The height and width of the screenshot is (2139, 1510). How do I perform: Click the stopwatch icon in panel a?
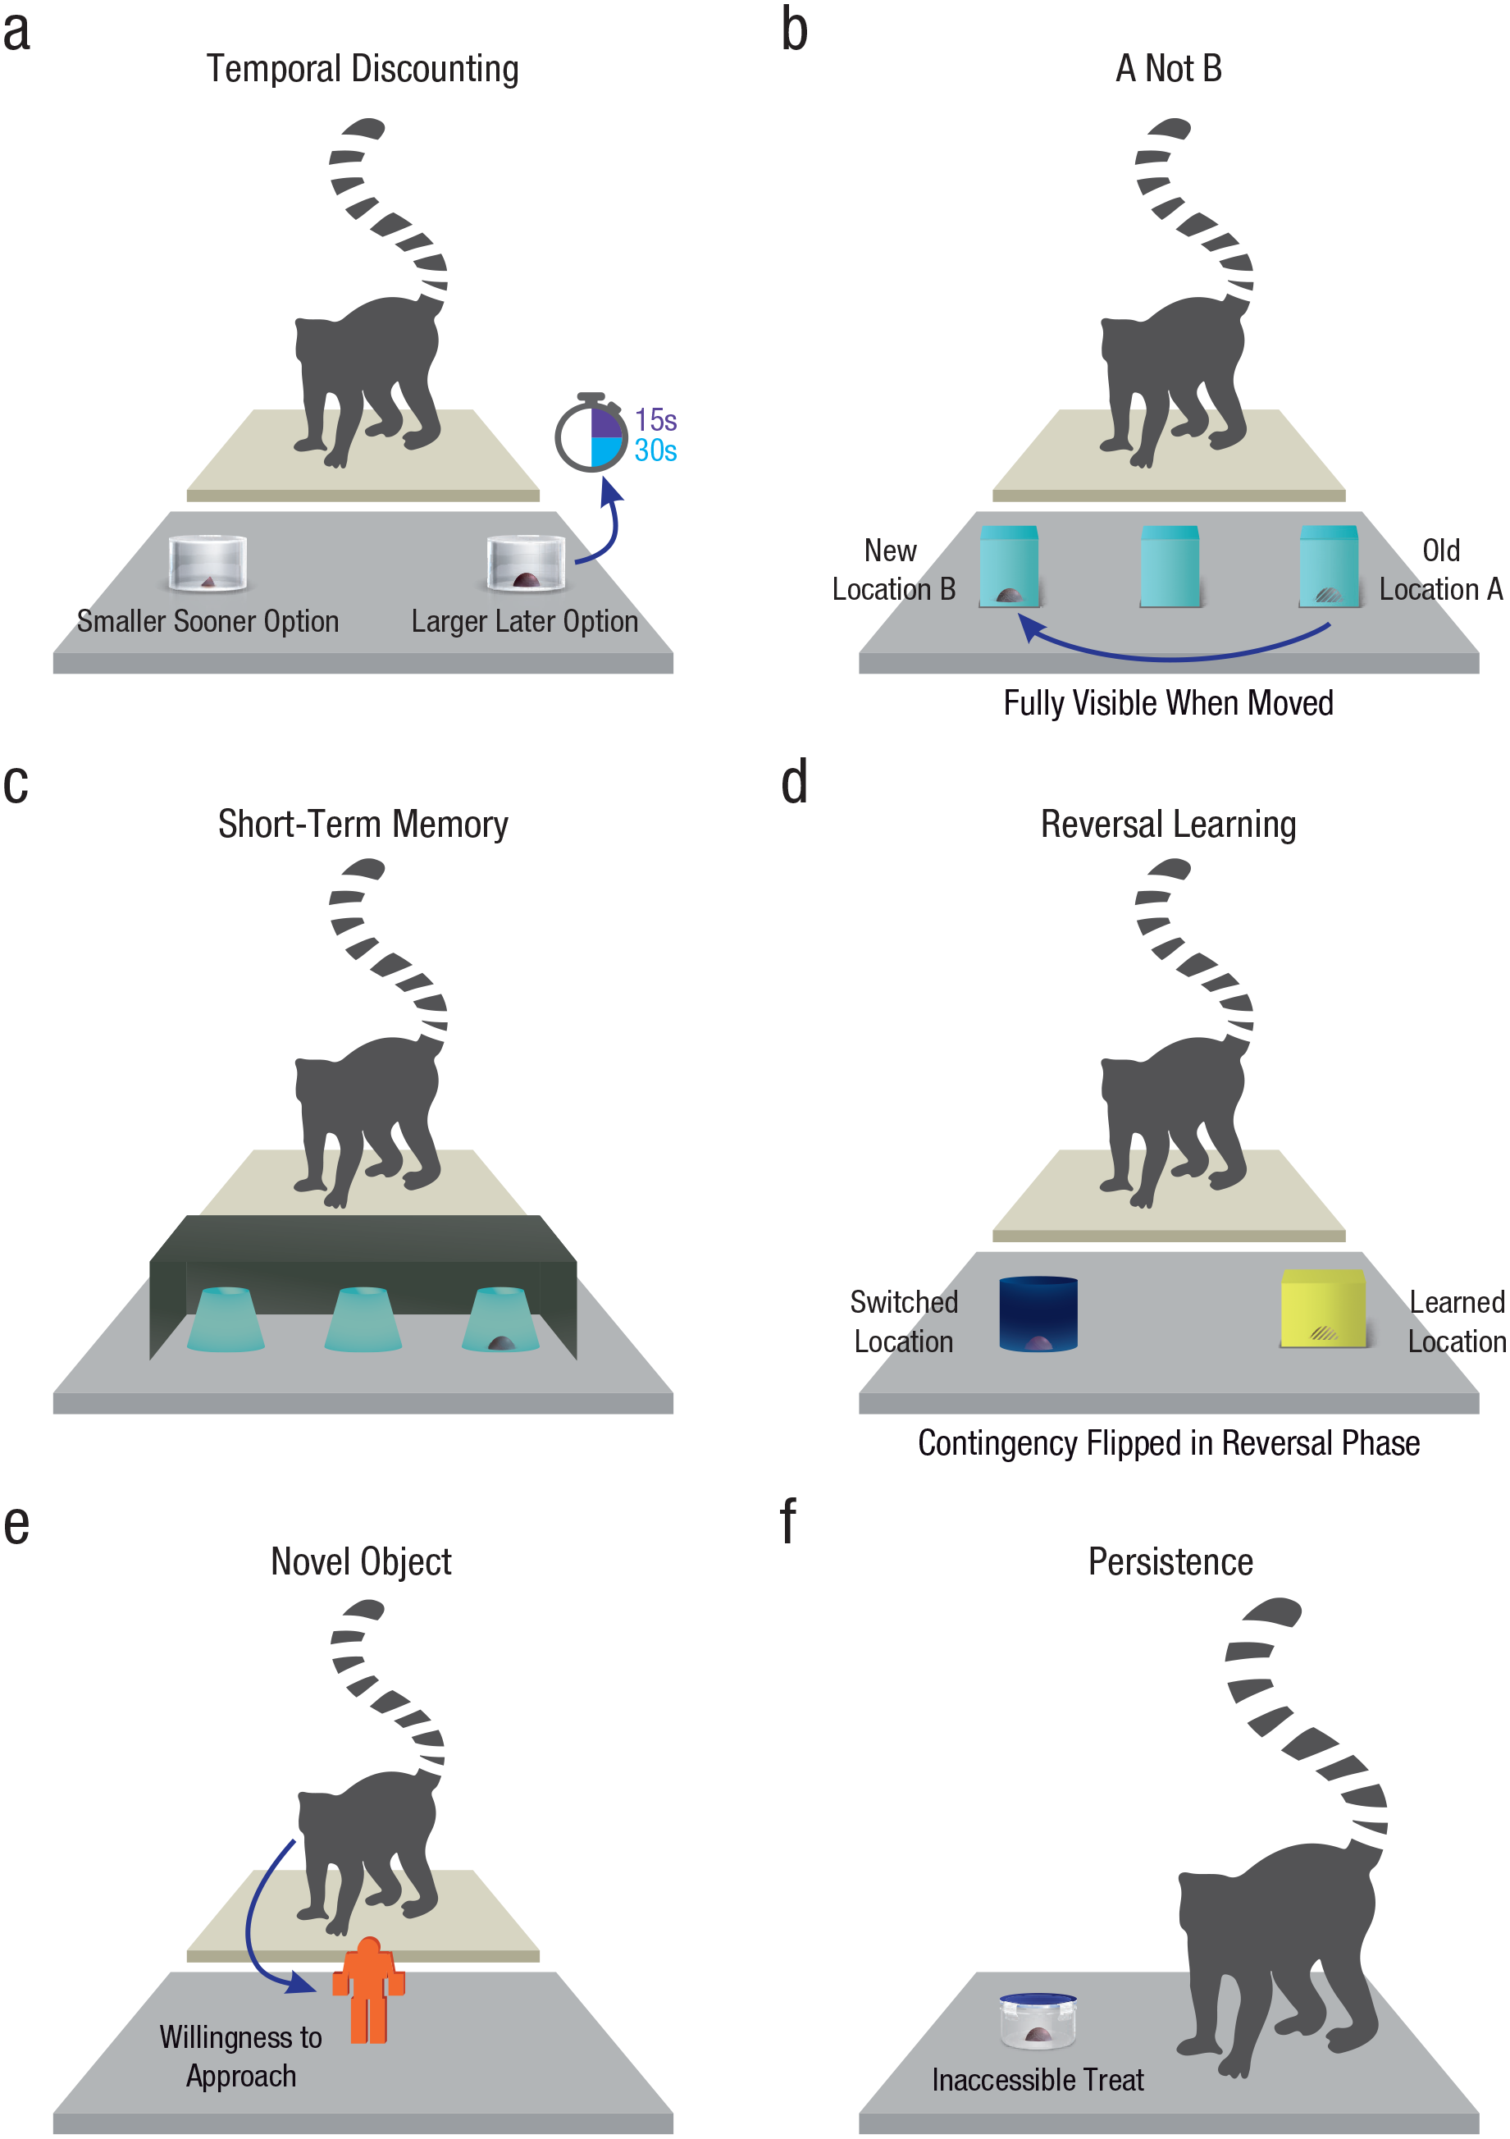[x=591, y=433]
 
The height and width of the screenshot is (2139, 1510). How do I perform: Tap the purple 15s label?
[x=656, y=420]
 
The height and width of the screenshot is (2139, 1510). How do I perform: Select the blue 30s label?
[x=656, y=451]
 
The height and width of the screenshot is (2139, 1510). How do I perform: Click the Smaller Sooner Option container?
[x=208, y=564]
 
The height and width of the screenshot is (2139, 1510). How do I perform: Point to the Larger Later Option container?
[x=526, y=564]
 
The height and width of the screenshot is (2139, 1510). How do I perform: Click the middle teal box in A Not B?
[x=1170, y=566]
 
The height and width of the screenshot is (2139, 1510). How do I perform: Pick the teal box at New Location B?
[x=1009, y=566]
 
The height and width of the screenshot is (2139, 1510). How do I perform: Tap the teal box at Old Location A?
[x=1330, y=566]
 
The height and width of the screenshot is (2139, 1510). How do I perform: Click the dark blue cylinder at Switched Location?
[x=1038, y=1314]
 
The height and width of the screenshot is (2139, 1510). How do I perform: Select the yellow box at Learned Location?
[x=1323, y=1309]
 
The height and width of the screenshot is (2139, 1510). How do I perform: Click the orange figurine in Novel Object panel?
[x=369, y=1990]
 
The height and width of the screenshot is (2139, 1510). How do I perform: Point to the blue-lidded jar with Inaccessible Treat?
[x=1038, y=2021]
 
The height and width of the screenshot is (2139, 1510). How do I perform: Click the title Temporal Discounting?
[x=363, y=69]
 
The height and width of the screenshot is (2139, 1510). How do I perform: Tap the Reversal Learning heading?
[x=1168, y=825]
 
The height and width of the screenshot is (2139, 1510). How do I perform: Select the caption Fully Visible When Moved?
[x=1168, y=702]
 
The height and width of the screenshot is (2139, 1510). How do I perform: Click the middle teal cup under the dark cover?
[x=363, y=1319]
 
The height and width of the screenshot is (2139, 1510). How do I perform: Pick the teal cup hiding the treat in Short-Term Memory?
[x=501, y=1319]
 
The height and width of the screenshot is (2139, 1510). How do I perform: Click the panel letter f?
[x=788, y=1520]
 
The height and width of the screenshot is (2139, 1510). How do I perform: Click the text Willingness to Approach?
[x=240, y=2056]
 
